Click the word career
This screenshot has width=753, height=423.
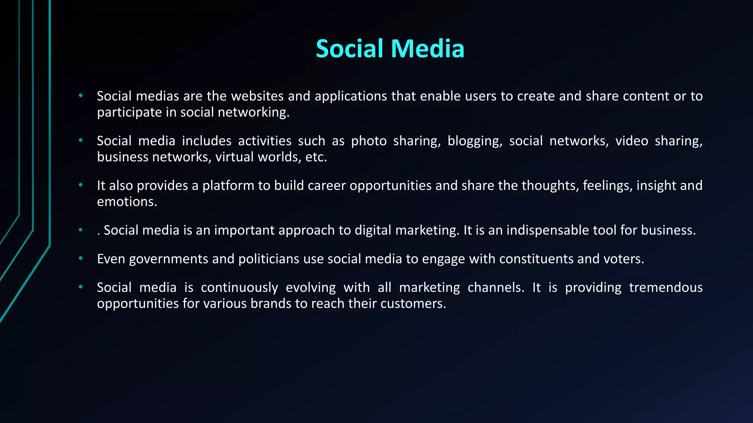click(326, 186)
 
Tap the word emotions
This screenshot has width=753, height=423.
click(127, 202)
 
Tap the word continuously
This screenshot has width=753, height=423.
click(239, 288)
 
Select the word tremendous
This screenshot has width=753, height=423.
click(665, 288)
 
